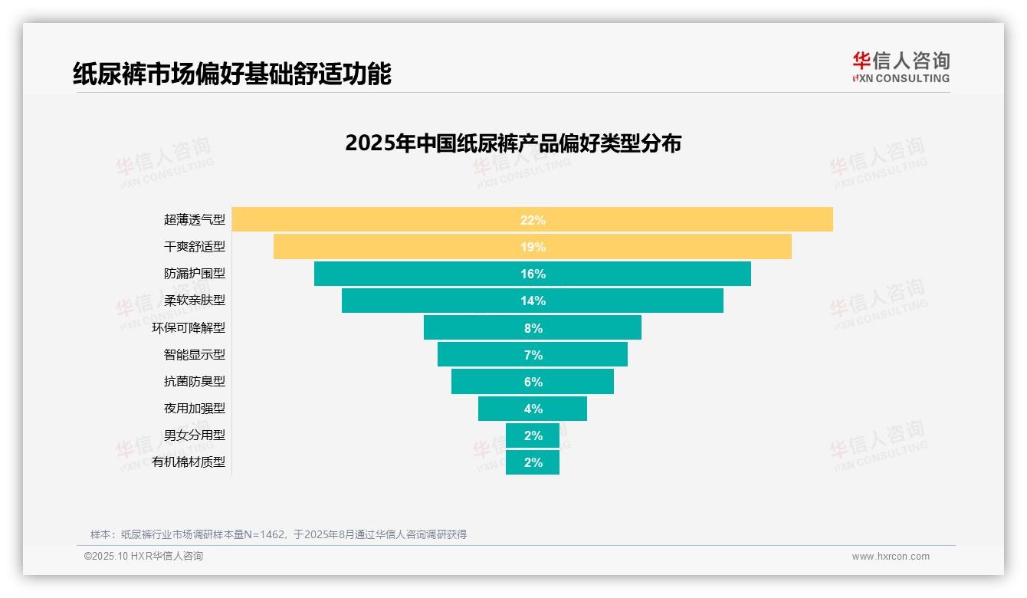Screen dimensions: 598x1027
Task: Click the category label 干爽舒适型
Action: click(195, 247)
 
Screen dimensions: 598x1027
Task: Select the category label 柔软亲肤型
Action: click(195, 301)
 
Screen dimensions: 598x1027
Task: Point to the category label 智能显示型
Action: click(195, 354)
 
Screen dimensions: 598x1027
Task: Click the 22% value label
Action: click(533, 220)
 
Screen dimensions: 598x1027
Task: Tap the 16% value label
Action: click(533, 274)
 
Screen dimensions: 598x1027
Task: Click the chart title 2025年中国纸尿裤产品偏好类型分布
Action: click(513, 143)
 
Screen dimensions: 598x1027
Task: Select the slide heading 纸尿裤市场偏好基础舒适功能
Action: click(231, 74)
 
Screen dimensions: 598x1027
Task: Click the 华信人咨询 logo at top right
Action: click(901, 67)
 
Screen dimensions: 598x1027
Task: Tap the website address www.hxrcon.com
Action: click(891, 557)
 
